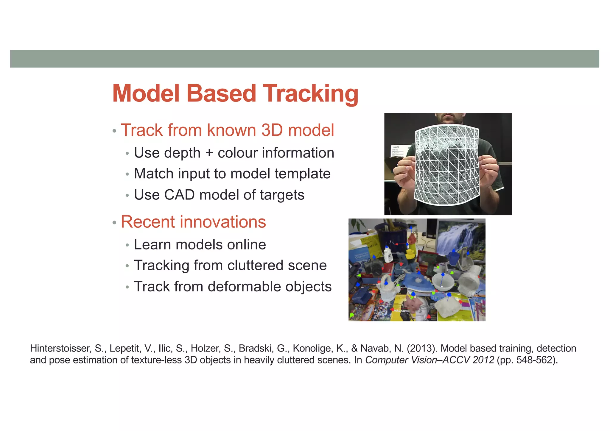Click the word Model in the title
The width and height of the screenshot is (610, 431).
tap(146, 94)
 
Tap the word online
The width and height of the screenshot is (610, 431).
tap(246, 245)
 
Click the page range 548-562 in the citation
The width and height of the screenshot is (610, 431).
tap(535, 360)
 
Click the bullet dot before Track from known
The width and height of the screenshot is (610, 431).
tap(114, 131)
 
